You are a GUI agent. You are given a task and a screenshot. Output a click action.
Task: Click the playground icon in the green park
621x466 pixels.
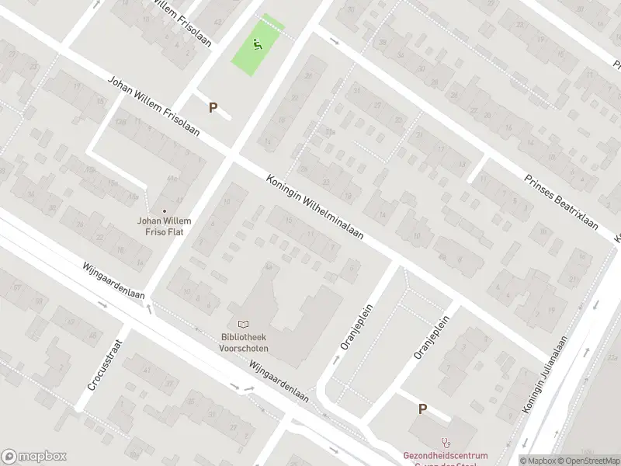click(x=258, y=44)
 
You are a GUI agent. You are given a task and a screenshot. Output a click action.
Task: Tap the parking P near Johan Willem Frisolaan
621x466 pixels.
click(x=213, y=108)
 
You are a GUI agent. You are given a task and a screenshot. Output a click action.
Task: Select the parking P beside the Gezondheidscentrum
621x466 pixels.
click(x=423, y=409)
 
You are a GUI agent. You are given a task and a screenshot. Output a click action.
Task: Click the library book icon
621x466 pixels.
click(x=244, y=324)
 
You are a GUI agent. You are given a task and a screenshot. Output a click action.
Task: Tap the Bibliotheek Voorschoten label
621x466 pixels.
click(x=244, y=343)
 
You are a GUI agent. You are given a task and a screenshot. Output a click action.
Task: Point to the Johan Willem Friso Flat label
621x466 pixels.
click(x=165, y=225)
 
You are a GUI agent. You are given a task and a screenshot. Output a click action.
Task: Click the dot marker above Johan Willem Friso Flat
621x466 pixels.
click(x=165, y=210)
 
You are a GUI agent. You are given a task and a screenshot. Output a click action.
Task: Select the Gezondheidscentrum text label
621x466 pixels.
click(x=445, y=455)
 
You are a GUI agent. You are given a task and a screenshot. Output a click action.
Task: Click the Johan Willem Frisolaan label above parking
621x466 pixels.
click(x=153, y=106)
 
